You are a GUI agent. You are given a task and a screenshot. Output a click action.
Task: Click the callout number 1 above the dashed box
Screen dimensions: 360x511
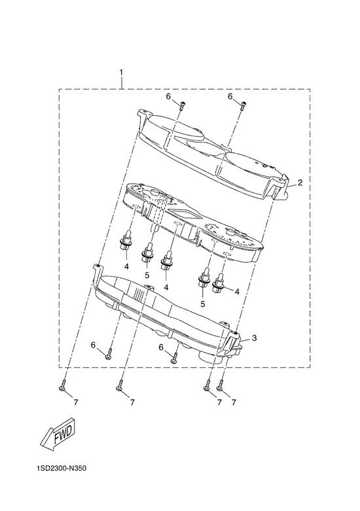[121, 72]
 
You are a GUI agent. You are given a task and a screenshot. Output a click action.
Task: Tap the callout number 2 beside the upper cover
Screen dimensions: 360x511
[300, 183]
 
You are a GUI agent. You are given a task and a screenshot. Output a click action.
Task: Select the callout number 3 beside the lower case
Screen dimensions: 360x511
[255, 338]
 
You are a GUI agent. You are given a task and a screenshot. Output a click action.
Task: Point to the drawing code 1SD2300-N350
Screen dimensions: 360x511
[62, 469]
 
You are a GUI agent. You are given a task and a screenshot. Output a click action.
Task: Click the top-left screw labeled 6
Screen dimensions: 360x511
[182, 105]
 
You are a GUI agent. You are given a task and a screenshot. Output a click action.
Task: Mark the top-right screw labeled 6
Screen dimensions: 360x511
[243, 105]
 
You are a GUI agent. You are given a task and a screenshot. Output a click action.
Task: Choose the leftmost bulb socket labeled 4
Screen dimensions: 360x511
[126, 241]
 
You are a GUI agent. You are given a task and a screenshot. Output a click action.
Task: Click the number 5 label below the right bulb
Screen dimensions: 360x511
[203, 304]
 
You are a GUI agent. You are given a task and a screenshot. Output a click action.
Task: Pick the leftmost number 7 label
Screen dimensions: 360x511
[76, 403]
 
